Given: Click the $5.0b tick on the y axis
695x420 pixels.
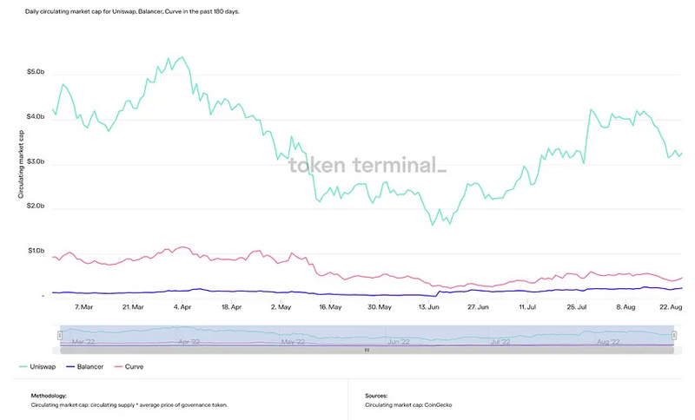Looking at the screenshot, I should tap(37, 72).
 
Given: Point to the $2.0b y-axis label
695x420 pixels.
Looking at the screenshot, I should tap(37, 207).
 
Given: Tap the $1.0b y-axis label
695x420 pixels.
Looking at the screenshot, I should tap(37, 252).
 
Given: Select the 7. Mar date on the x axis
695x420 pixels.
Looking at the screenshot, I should tap(84, 306).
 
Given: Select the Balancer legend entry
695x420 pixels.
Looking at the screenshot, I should tap(90, 367).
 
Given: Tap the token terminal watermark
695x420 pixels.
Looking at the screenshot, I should tap(367, 164).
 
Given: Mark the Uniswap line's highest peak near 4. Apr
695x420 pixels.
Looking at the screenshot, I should tap(181, 57).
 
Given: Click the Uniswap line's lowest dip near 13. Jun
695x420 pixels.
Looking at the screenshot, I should tap(431, 226).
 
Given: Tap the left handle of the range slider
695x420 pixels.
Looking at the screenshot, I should tap(60, 336).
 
